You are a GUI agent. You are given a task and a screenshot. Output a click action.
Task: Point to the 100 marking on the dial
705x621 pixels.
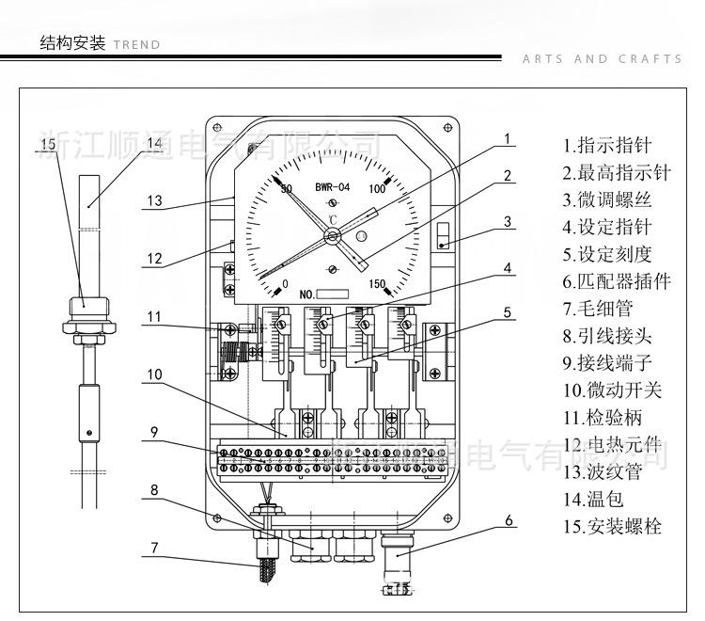378,188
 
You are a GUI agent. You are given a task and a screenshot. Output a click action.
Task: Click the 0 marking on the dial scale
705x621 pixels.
286,283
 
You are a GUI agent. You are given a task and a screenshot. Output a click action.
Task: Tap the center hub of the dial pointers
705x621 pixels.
332,237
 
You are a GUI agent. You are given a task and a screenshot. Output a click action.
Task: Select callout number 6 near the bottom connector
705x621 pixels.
509,519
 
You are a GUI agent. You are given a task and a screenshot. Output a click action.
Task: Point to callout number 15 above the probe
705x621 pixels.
48,143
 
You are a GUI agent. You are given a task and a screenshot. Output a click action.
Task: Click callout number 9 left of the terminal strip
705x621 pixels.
153,433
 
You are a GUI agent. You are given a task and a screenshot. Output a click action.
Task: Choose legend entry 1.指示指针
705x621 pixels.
606,146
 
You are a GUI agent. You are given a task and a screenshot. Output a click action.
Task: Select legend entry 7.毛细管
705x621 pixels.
600,309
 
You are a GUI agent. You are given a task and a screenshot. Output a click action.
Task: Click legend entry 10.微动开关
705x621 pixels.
613,390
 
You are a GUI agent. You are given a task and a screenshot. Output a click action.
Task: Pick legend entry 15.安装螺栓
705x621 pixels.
613,526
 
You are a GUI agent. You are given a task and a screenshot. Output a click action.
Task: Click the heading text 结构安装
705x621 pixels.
71,42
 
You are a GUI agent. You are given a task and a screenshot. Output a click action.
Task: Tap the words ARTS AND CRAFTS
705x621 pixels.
602,59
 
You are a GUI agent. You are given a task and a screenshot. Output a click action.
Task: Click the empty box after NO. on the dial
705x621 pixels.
337,295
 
